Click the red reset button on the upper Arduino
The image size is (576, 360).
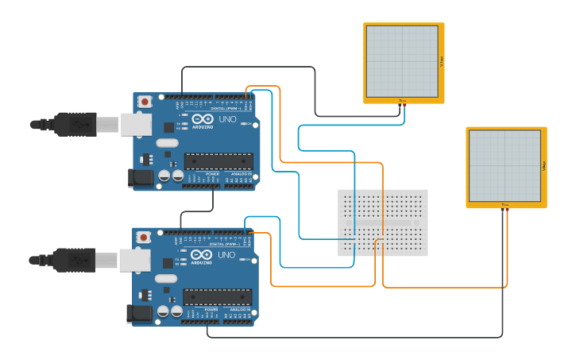[x=145, y=101]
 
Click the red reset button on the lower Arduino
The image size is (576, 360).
[x=144, y=237]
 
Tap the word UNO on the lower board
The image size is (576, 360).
[x=227, y=255]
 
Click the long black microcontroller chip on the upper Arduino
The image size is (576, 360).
[x=218, y=161]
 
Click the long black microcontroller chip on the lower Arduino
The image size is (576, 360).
[x=218, y=296]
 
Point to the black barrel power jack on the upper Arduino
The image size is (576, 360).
[x=141, y=178]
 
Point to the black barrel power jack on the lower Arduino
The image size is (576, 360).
[x=141, y=314]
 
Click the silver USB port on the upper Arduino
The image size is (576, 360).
[x=136, y=124]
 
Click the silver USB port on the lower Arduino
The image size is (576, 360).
[x=135, y=260]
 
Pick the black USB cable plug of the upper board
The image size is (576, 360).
[x=75, y=124]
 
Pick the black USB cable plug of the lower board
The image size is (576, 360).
[x=75, y=260]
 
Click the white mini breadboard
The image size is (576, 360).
[x=383, y=223]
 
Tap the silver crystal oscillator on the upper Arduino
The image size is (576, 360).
[x=167, y=143]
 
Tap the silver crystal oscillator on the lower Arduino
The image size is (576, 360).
[x=166, y=279]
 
